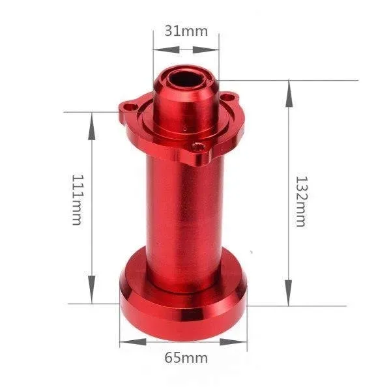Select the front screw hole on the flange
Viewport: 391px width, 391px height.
coord(199,148)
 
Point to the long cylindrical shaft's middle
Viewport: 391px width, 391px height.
coord(184,209)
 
